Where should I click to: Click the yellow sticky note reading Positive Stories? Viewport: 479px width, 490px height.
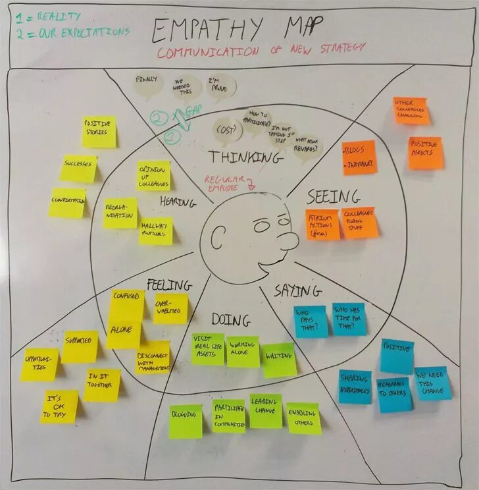(x=99, y=132)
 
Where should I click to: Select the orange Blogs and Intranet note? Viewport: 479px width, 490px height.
(x=359, y=157)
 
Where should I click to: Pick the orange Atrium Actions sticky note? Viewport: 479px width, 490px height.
(x=322, y=224)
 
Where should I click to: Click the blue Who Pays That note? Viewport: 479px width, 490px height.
(x=310, y=321)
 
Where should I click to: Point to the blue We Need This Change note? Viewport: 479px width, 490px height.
(x=432, y=383)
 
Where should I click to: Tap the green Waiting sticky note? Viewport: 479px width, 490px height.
(x=280, y=360)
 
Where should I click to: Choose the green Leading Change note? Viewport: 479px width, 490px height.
(x=266, y=411)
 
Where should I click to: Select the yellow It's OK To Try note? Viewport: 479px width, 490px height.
(x=59, y=406)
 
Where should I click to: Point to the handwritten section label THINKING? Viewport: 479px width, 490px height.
(x=245, y=157)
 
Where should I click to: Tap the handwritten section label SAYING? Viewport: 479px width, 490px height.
(x=298, y=290)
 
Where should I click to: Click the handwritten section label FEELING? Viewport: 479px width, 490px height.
(x=169, y=285)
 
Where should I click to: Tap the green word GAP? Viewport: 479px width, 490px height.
(x=192, y=113)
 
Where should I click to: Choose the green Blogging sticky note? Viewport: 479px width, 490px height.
(x=186, y=421)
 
